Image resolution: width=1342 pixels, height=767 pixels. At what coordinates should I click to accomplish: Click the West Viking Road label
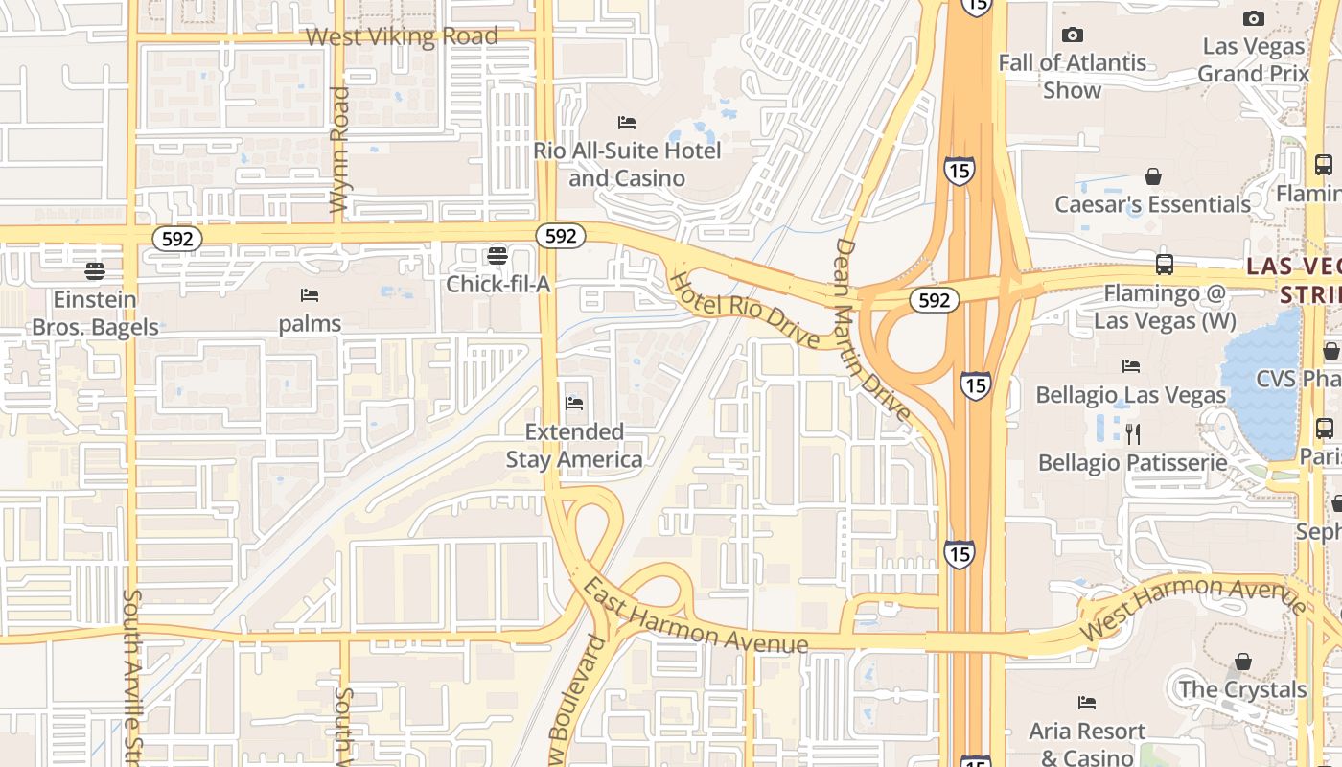[402, 37]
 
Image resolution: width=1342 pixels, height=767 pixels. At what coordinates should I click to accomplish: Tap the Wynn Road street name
[338, 150]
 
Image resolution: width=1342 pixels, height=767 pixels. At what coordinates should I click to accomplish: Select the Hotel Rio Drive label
[744, 310]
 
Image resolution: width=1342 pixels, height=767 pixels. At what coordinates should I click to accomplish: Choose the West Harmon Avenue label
[1192, 608]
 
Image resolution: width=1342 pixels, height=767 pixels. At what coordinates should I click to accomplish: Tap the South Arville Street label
[132, 676]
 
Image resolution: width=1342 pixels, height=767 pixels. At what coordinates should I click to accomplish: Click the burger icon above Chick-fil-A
[497, 256]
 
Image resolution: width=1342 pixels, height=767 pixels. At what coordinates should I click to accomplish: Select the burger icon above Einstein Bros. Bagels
[94, 271]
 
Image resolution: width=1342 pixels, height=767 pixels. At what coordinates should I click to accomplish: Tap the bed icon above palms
[310, 295]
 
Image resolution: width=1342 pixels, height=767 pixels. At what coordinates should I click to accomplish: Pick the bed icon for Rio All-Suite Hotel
[627, 123]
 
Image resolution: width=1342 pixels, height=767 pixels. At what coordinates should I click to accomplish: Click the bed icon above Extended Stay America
[574, 404]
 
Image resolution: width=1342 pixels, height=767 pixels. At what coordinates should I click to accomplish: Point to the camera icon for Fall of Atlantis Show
[1072, 35]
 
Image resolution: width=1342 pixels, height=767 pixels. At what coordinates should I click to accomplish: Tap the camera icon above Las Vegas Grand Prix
[1253, 18]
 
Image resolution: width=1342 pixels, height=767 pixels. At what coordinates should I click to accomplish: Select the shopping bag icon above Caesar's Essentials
[1152, 177]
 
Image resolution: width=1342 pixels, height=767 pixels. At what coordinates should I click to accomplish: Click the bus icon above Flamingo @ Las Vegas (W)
[1165, 265]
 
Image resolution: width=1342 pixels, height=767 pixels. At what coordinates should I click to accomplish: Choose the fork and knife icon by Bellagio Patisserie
[1133, 434]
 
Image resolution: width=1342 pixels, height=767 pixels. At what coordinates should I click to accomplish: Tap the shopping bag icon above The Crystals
[1242, 662]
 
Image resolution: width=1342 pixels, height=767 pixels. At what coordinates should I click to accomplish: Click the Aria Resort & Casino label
[1087, 744]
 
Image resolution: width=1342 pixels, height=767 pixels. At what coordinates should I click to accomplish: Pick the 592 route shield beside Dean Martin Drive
[934, 300]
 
